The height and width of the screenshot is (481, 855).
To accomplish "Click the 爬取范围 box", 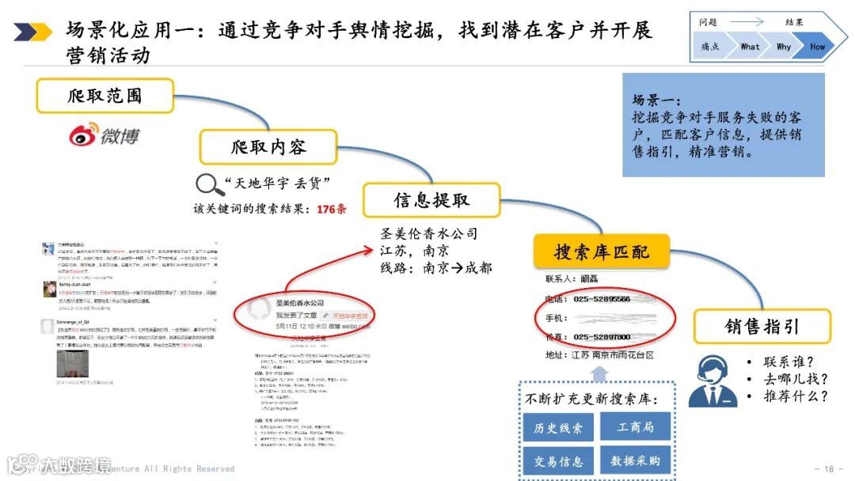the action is (104, 96).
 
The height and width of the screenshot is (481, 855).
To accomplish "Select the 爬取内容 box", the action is (268, 147).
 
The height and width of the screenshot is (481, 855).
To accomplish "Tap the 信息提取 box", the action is (431, 200).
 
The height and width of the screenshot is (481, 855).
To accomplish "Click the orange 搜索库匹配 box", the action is (602, 252).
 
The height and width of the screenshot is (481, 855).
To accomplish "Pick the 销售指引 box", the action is (762, 326).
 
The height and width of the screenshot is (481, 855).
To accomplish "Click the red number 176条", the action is (332, 209).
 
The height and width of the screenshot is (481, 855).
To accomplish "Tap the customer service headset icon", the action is (712, 380).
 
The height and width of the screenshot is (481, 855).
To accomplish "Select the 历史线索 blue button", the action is (559, 428).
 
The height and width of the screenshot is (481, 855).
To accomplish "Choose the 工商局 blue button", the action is (636, 426).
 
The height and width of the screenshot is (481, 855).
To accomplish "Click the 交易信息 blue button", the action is (559, 460).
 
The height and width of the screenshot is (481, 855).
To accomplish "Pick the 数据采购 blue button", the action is (636, 460).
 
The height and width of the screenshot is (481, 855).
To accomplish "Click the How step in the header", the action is (817, 47).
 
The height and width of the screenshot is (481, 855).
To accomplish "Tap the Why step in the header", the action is (783, 47).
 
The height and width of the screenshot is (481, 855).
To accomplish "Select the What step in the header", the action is (749, 47).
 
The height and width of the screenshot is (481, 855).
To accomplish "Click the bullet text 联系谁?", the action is (788, 362).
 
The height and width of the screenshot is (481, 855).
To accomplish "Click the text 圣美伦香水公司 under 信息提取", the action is (429, 234).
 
